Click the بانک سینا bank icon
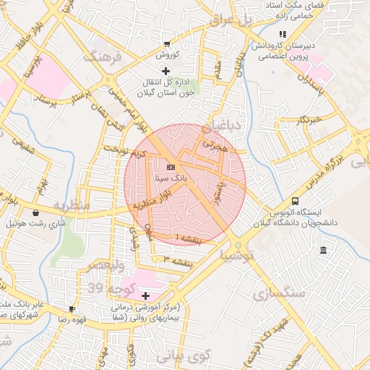170,166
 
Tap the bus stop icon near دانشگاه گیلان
295,202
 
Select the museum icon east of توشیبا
322,250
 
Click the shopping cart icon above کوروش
168,44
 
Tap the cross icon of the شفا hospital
146,296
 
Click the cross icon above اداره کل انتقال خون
166,71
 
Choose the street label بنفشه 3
177,259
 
